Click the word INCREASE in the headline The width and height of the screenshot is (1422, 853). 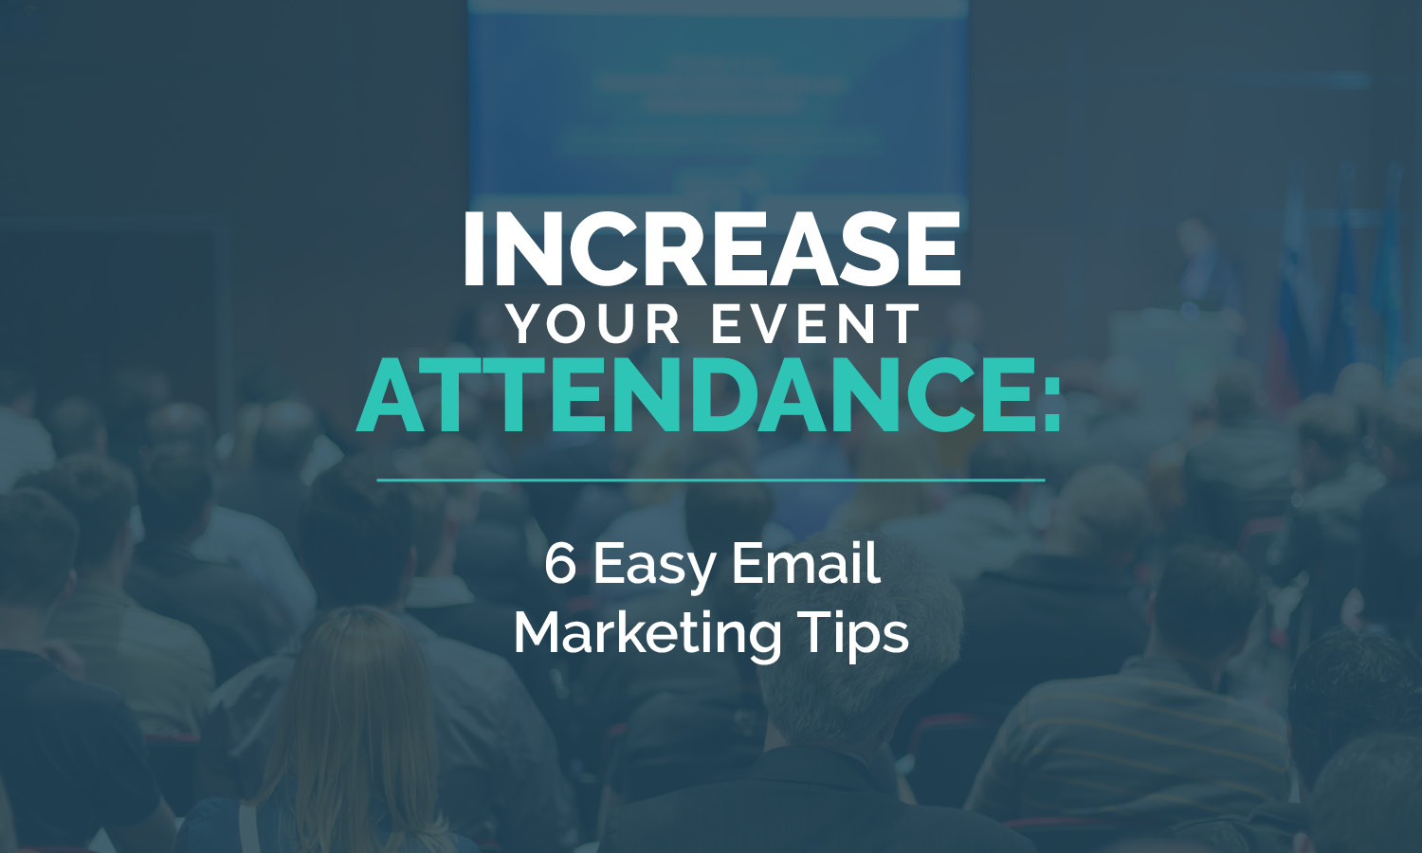pyautogui.click(x=712, y=248)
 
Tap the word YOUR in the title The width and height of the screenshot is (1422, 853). pyautogui.click(x=592, y=324)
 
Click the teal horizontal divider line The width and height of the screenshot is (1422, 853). pyautogui.click(x=711, y=481)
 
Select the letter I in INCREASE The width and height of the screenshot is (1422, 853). pyautogui.click(x=473, y=248)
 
